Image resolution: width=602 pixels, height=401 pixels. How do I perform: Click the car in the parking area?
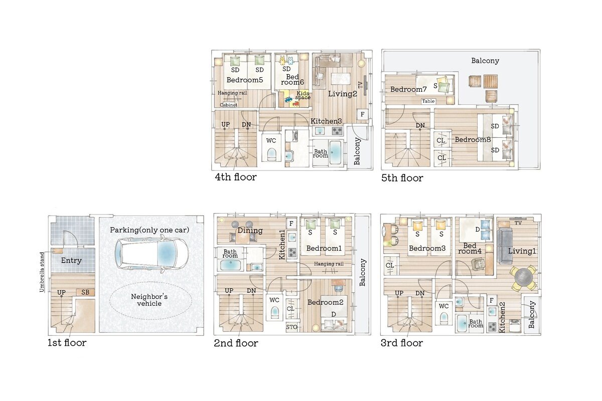click(x=151, y=255)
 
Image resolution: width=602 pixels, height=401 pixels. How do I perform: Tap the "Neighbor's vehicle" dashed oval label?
click(x=149, y=300)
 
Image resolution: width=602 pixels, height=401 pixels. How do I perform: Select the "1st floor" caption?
click(x=67, y=343)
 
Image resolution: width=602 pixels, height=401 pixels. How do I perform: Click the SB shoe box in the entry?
click(x=85, y=292)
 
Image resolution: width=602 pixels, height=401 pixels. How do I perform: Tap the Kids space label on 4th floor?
click(x=303, y=95)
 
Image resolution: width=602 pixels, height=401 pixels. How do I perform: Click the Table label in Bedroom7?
click(x=428, y=101)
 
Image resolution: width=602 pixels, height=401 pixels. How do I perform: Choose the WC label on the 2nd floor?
click(x=274, y=300)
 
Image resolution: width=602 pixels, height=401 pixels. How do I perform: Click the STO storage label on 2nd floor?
click(x=291, y=327)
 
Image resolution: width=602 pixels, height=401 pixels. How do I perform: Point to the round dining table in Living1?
click(x=523, y=278)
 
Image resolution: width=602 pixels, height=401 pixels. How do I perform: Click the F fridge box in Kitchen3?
click(x=362, y=114)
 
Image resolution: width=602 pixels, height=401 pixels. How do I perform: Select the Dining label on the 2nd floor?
click(x=250, y=231)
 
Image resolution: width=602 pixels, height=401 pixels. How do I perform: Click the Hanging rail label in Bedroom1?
click(x=329, y=264)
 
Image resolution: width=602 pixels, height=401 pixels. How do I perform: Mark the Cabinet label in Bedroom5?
click(x=229, y=105)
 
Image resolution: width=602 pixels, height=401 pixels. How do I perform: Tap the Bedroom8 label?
click(x=473, y=140)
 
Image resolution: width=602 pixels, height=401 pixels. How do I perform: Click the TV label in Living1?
click(x=518, y=223)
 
